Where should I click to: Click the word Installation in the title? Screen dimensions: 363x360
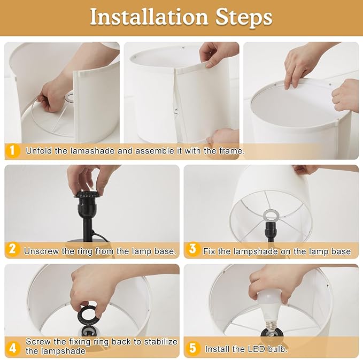coord(149,17)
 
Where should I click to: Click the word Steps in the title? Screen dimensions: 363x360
coord(244,18)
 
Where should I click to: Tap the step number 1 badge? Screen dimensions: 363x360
coord(12,150)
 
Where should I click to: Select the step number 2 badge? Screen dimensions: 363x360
coord(12,249)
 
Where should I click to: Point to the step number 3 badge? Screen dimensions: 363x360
coord(192,249)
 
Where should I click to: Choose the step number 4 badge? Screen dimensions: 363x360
coord(13,348)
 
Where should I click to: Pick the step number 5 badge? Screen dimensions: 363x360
coord(192,348)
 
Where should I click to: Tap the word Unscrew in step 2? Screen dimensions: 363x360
coord(42,251)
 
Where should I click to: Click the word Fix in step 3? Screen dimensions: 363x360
coord(209,251)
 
